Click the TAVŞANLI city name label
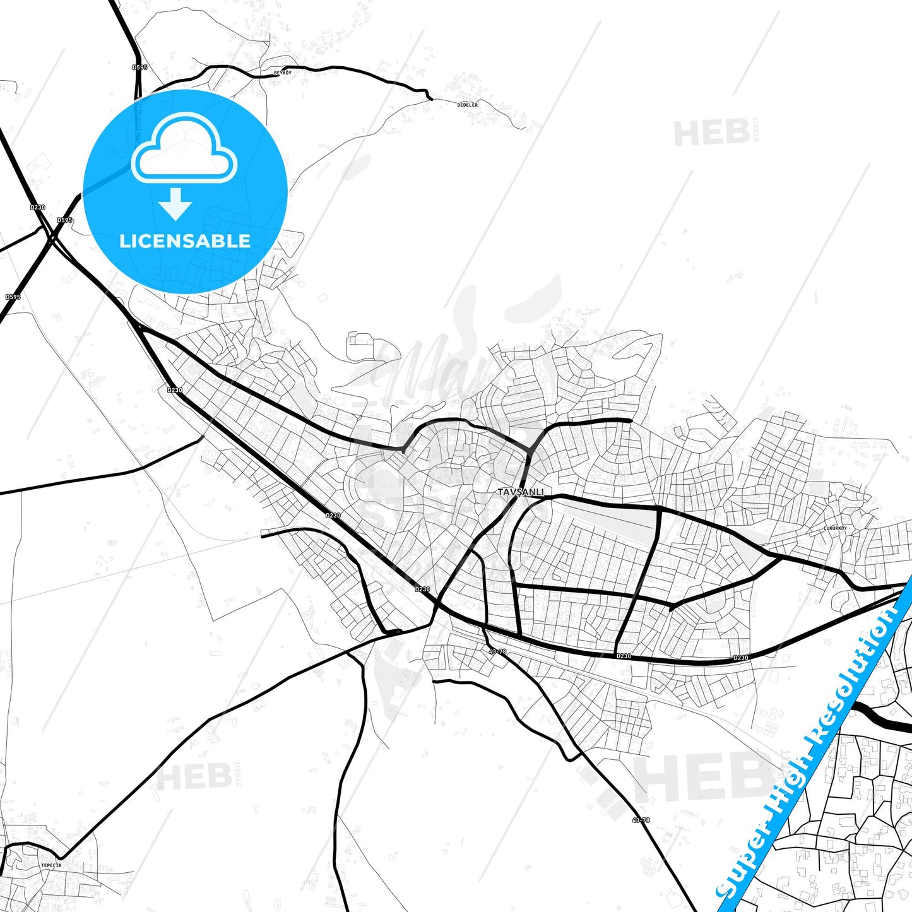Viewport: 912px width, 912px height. tap(520, 492)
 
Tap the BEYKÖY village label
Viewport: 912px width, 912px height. tap(282, 73)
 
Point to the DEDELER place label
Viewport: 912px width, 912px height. tap(468, 104)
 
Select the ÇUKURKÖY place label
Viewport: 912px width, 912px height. tap(835, 528)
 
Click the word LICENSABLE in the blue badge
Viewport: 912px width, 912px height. tap(185, 240)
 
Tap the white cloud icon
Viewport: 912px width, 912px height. tap(184, 149)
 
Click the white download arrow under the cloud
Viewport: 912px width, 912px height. tap(175, 204)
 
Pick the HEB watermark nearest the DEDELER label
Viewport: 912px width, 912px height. tap(712, 133)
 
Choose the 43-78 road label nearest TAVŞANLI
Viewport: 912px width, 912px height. tap(497, 651)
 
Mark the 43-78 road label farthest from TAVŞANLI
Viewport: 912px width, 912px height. tap(641, 820)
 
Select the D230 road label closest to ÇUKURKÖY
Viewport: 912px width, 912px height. tap(741, 658)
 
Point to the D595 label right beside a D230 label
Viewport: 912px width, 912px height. tap(64, 220)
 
